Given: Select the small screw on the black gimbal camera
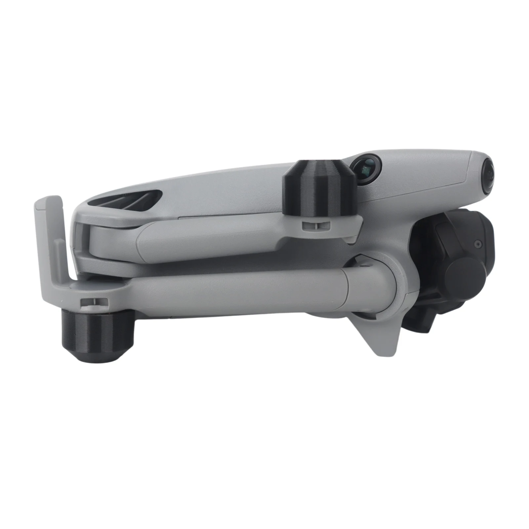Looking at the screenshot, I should coord(476,244).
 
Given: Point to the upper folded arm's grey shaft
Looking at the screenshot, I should coord(212,240).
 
